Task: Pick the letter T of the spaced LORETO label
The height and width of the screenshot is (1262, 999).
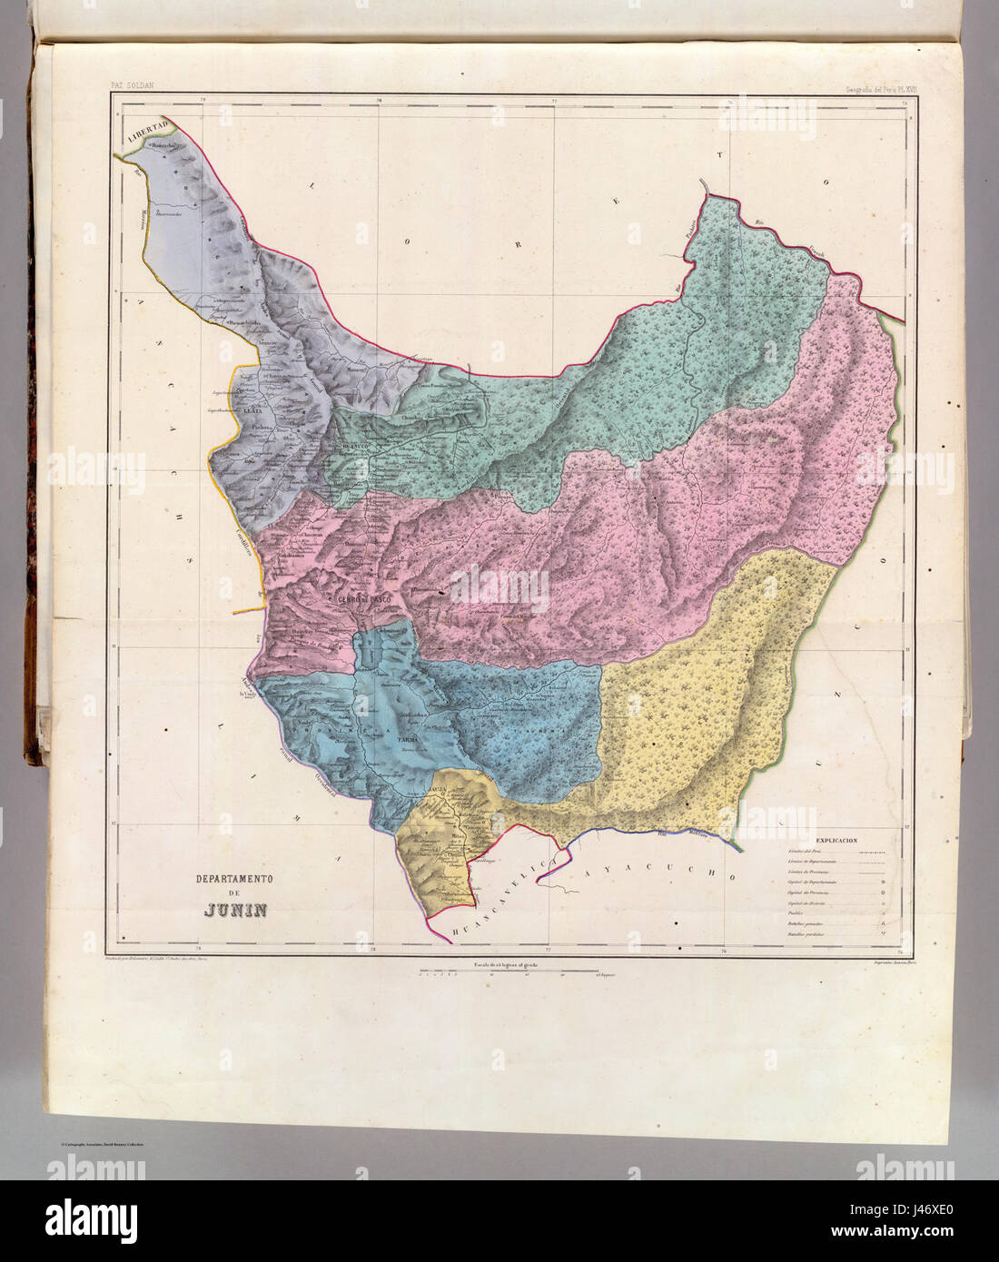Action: coord(722,156)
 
